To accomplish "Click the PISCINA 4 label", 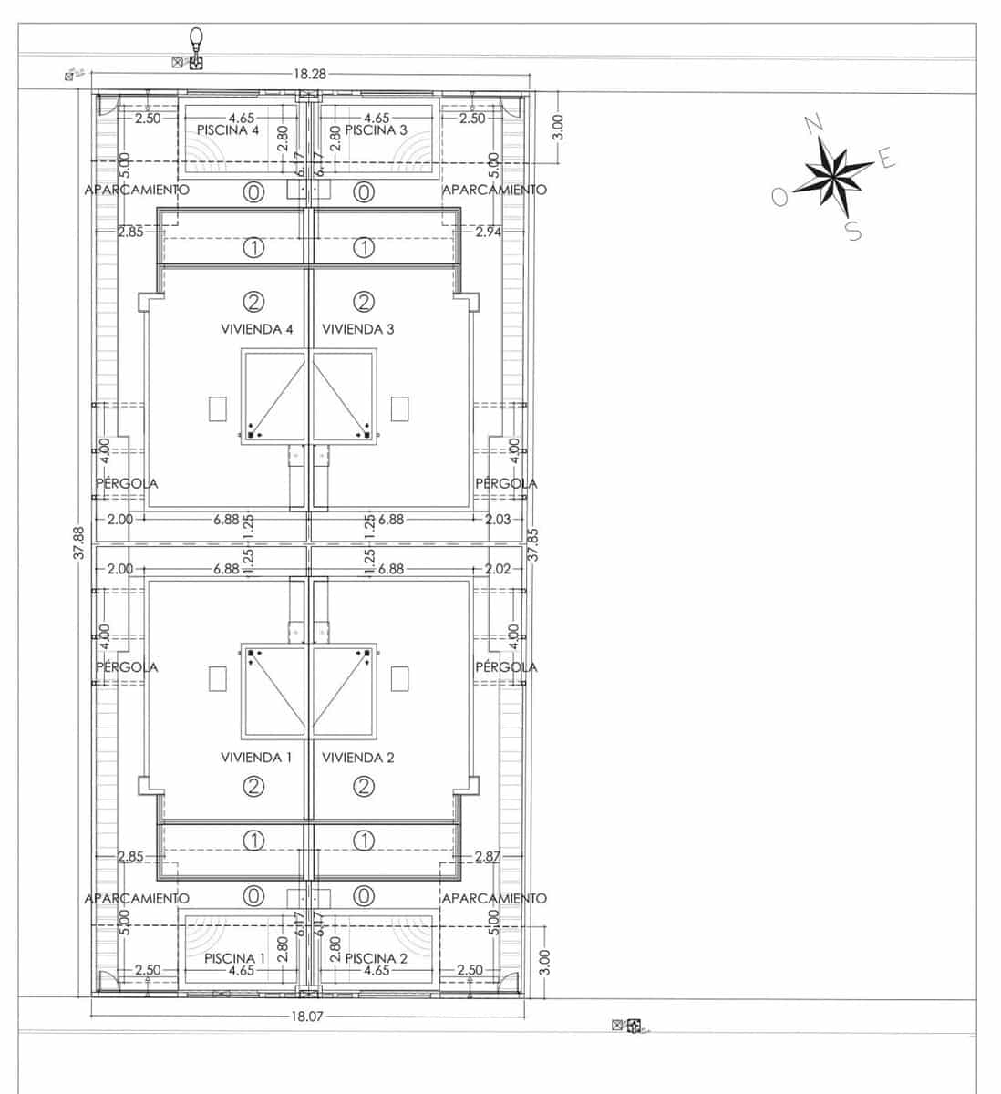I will tap(228, 130).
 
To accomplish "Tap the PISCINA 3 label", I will tap(376, 130).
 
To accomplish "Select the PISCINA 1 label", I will tap(234, 958).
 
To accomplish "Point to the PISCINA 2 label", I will tap(377, 958).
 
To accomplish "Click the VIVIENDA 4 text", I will tap(257, 329).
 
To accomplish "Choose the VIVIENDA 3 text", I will tap(358, 329).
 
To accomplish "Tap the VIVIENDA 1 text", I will tap(257, 758).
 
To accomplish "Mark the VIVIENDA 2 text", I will tap(358, 758).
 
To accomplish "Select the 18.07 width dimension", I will tap(306, 1015).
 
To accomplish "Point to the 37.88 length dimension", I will tap(79, 543).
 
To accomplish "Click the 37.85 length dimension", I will tap(533, 543).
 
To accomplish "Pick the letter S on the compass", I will tap(854, 231).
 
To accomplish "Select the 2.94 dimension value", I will tap(489, 232).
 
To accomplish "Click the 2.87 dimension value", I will tap(489, 856).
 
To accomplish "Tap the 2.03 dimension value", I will tap(499, 519).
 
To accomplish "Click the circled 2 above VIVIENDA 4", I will tap(254, 300).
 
